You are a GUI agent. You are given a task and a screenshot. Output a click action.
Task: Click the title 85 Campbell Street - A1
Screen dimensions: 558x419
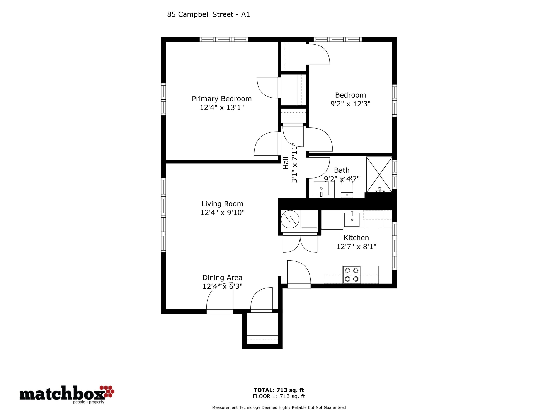coord(208,15)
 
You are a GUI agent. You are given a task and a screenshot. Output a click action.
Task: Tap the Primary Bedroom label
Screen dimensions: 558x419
coord(222,99)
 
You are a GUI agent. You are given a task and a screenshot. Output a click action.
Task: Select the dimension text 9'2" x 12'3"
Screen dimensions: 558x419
coord(350,104)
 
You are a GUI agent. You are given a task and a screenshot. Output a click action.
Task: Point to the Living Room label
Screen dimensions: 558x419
coord(222,204)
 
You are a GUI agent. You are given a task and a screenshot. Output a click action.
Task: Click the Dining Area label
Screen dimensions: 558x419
coord(222,278)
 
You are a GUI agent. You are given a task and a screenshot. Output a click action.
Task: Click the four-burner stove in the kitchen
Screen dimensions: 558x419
coord(352,275)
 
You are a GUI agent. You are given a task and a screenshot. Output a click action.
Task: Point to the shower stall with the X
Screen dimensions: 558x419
coord(379,175)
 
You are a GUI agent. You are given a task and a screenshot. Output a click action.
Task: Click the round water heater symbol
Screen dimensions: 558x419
coord(290,219)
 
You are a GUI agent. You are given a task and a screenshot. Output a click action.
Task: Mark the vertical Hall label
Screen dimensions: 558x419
coord(286,163)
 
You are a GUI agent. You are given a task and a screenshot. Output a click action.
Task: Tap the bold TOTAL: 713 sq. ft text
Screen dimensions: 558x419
coord(279,390)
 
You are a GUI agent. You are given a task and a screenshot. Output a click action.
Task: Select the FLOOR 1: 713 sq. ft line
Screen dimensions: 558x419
coord(279,396)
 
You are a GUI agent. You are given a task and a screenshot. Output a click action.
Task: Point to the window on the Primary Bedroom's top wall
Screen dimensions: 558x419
coord(224,39)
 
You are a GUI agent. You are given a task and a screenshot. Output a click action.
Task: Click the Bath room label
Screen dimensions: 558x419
coord(342,170)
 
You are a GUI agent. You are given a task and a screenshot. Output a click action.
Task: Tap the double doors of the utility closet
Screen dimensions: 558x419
coord(300,244)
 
